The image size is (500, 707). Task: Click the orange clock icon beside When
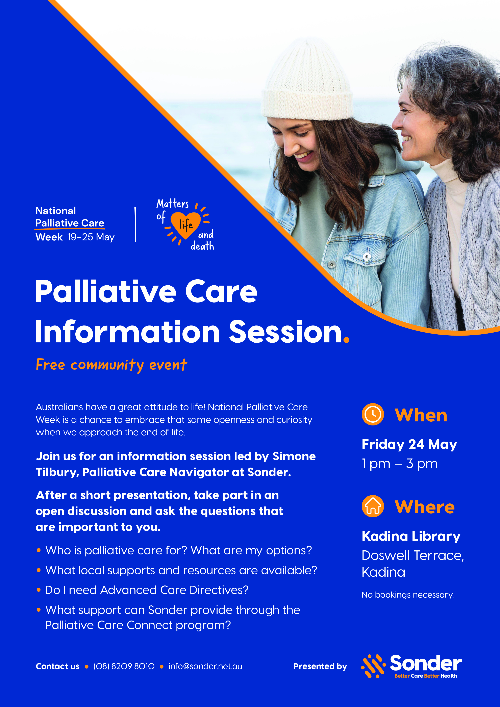click(x=373, y=414)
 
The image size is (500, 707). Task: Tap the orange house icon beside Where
click(x=373, y=506)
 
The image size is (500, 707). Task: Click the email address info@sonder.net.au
click(x=205, y=666)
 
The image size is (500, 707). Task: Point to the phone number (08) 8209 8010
click(x=124, y=666)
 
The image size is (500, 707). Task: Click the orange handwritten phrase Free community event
click(x=111, y=365)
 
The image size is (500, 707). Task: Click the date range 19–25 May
click(x=91, y=237)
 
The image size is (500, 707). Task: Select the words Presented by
click(x=320, y=666)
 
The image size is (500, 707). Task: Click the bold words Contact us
click(x=58, y=666)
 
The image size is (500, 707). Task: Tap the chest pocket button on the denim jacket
click(x=367, y=257)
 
